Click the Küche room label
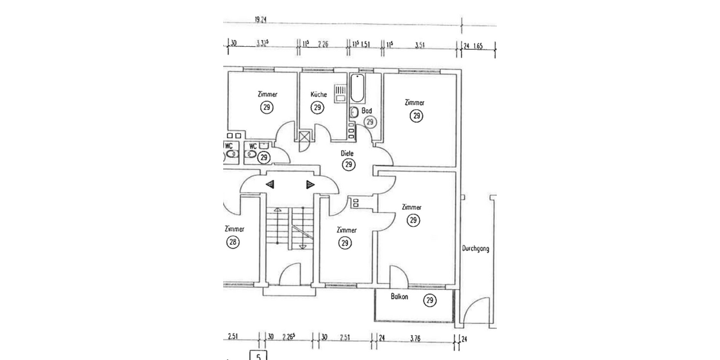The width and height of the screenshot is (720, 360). (319, 95)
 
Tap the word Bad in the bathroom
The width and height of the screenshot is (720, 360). (367, 111)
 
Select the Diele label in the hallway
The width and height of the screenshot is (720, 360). (347, 154)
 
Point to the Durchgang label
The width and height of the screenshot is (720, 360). (475, 248)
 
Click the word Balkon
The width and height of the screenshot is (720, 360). (400, 297)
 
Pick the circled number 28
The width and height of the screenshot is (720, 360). (233, 242)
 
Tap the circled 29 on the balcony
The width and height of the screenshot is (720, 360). (430, 301)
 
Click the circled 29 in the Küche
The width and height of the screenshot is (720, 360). (317, 107)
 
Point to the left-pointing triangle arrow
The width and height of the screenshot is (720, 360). (270, 184)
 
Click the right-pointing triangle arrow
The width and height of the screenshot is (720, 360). (310, 184)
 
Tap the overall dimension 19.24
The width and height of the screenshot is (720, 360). (260, 20)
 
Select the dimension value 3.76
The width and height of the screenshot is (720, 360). (415, 338)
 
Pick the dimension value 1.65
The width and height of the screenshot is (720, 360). (478, 45)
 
